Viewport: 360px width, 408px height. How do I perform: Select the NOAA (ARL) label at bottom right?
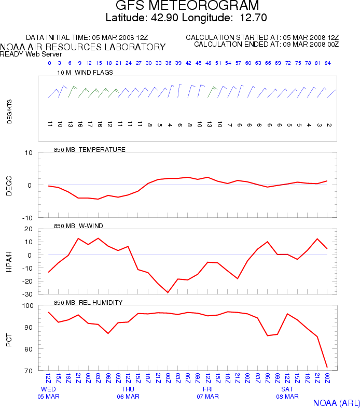tap(336, 402)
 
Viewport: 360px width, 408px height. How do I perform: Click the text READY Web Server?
tap(31, 54)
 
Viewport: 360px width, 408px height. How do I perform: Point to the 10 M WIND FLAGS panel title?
tap(85, 73)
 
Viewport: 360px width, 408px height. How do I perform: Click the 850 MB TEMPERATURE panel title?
tap(90, 150)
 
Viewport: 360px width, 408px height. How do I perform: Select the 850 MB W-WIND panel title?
tap(78, 226)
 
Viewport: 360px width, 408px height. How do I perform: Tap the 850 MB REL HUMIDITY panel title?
tap(88, 302)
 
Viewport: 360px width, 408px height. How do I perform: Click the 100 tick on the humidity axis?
tap(27, 306)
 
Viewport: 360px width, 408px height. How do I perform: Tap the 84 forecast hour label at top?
tap(328, 63)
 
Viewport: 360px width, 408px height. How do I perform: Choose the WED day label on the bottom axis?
tap(48, 389)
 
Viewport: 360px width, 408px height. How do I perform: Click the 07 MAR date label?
tap(207, 397)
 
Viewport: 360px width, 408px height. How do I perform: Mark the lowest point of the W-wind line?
tap(168, 292)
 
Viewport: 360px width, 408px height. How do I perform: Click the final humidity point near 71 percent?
tap(327, 367)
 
